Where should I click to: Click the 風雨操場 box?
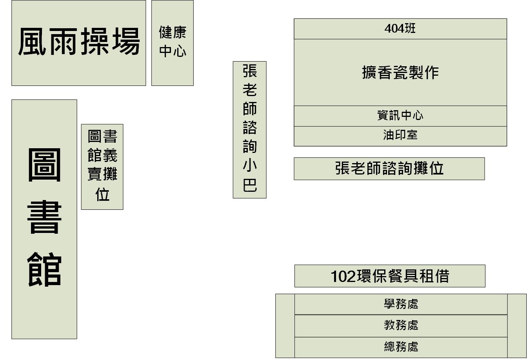click(78, 42)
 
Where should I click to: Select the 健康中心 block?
click(173, 42)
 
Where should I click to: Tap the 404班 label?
click(400, 29)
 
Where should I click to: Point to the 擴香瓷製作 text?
click(400, 73)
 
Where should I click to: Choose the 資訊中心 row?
click(400, 116)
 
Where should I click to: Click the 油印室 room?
click(400, 135)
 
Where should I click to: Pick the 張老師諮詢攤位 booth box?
click(389, 169)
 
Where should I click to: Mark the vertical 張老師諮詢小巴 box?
click(249, 129)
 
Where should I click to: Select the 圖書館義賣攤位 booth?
click(102, 167)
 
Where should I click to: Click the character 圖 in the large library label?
click(44, 165)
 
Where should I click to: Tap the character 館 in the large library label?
click(44, 270)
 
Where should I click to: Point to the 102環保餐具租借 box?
click(390, 276)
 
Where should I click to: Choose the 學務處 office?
click(401, 304)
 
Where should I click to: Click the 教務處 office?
click(401, 325)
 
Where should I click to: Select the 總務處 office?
click(401, 347)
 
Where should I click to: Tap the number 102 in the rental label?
click(343, 276)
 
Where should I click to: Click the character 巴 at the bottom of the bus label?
click(250, 185)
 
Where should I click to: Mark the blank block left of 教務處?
click(285, 325)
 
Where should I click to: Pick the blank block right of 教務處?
click(517, 325)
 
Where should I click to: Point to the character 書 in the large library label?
click(44, 218)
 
